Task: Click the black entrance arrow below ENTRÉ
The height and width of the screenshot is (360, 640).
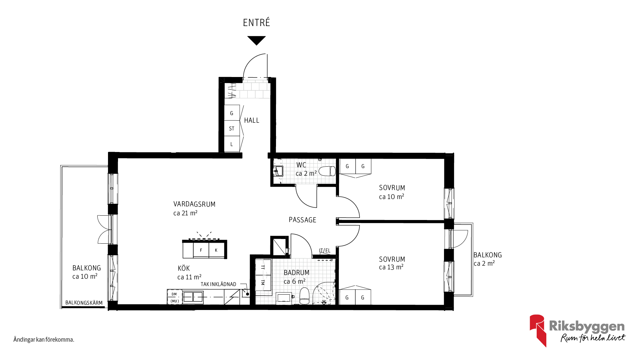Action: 256,40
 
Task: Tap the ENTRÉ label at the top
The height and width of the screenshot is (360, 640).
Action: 256,23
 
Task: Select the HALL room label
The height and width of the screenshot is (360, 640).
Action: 252,120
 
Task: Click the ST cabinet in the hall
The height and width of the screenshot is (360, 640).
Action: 232,128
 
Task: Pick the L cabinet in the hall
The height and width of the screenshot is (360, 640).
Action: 232,144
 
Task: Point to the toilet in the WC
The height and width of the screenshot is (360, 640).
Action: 327,171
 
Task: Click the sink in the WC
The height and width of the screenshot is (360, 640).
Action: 278,171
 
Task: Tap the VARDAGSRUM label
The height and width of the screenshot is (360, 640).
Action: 194,204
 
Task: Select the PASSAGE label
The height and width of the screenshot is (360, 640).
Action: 302,220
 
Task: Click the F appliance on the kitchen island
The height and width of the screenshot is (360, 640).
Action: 201,250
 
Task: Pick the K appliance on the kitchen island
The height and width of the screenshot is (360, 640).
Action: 216,250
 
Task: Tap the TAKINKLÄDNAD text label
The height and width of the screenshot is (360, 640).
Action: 218,284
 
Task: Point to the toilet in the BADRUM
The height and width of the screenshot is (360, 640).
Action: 305,296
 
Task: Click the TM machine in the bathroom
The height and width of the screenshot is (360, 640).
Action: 263,282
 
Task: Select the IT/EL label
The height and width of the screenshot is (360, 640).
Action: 325,251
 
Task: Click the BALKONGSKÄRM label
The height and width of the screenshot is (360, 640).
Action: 84,303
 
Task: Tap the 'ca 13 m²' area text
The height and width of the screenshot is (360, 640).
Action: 391,267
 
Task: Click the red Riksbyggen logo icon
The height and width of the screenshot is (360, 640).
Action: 538,330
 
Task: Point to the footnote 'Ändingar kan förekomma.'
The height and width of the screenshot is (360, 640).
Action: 44,340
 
